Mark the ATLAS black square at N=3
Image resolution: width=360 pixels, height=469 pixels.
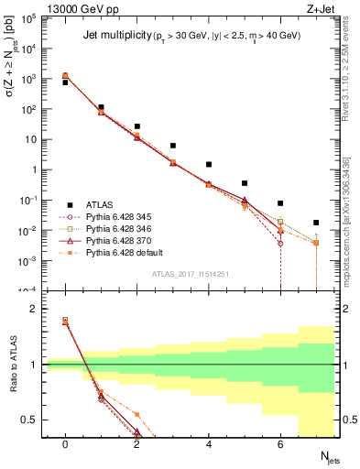point(172,146)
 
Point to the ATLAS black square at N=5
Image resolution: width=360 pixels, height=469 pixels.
point(245,183)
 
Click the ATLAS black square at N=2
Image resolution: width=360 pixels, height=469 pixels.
point(136,126)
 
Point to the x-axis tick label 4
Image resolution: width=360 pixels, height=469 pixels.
point(209,444)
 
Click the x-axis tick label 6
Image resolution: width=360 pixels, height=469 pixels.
point(280,444)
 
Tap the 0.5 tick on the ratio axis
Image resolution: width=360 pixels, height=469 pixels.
point(32,420)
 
